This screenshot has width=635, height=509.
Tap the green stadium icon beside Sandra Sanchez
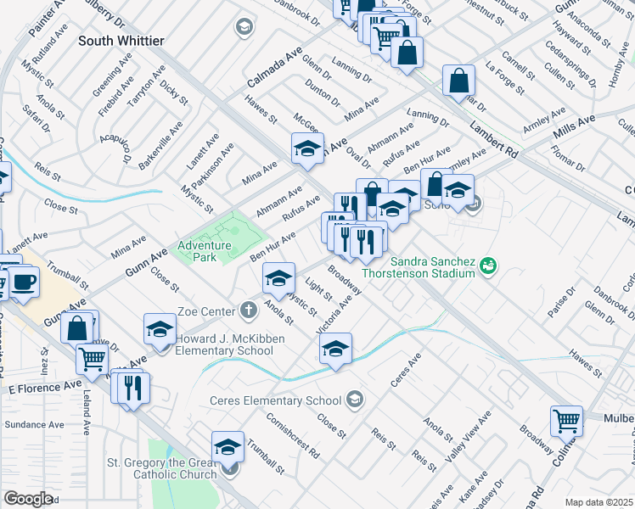click(x=487, y=266)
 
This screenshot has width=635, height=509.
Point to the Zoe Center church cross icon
click(x=249, y=310)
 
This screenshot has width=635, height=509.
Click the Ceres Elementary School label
click(x=276, y=400)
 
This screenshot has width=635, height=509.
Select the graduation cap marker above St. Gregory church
click(x=228, y=446)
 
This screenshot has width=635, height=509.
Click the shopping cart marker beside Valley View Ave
click(x=566, y=420)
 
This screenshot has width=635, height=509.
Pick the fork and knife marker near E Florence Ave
click(x=132, y=388)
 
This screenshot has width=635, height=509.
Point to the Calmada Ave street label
click(x=275, y=70)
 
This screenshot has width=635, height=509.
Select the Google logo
click(x=28, y=499)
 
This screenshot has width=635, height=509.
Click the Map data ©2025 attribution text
click(x=598, y=502)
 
